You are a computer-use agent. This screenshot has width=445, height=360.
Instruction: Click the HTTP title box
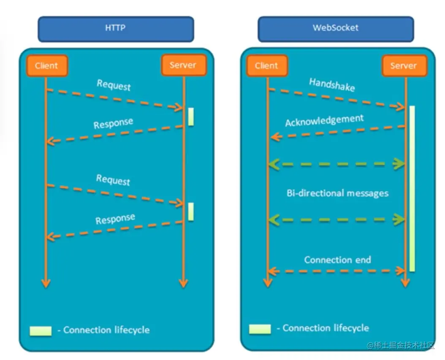tap(116, 29)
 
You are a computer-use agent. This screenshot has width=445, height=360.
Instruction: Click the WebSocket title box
tap(335, 28)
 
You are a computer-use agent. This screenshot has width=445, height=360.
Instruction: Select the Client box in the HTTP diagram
tap(46, 65)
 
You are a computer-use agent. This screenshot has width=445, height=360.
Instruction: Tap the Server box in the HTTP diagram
tap(183, 65)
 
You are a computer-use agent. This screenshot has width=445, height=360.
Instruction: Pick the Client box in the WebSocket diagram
tap(266, 66)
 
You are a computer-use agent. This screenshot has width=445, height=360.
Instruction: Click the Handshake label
tap(332, 84)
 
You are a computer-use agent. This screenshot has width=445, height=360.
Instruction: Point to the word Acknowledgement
tap(324, 121)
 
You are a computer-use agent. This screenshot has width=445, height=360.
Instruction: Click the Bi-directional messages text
tap(337, 193)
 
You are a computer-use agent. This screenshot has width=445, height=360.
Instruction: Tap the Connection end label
tap(337, 260)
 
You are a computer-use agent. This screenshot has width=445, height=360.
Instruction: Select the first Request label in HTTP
tap(114, 84)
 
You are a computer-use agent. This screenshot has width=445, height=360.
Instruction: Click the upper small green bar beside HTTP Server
tap(191, 116)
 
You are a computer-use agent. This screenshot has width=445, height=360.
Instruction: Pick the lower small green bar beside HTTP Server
tap(191, 211)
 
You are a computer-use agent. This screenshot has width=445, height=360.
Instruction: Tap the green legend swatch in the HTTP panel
tap(41, 330)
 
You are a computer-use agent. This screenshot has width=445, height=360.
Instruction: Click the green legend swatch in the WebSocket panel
tap(260, 329)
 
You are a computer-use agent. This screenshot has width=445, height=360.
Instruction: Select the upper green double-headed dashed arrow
tap(337, 164)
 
